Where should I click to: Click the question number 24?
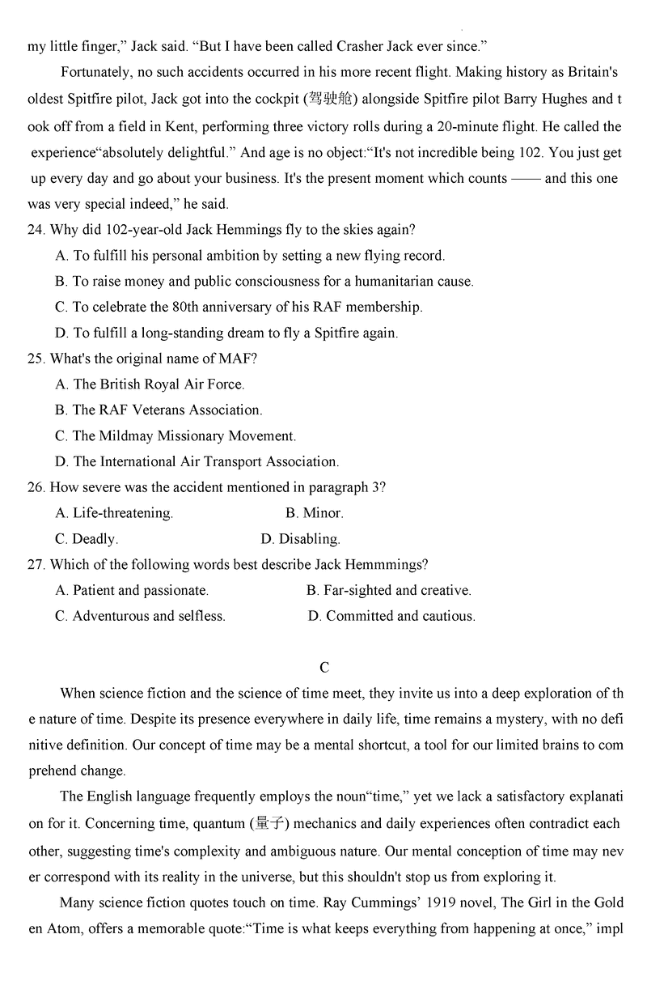(x=36, y=230)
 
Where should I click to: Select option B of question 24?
(x=264, y=282)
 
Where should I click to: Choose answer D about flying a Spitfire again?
(x=226, y=333)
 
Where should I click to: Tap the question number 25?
(x=36, y=359)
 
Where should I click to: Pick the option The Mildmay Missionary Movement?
(x=175, y=436)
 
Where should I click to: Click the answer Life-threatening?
(x=114, y=513)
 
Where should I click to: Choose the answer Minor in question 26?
(x=315, y=513)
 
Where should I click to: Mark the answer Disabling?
(x=300, y=539)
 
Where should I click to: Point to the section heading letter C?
(x=324, y=668)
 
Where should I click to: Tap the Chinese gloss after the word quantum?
(x=273, y=825)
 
